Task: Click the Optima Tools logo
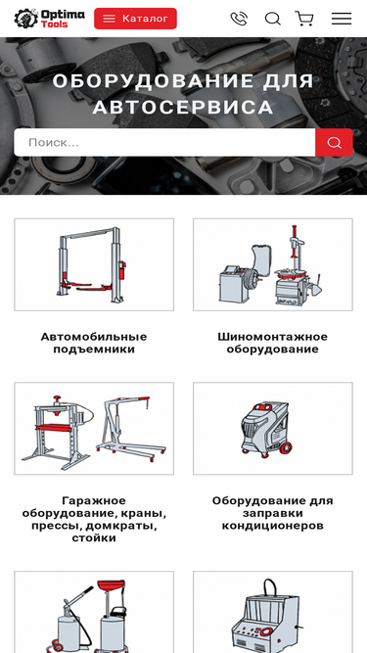click(x=49, y=19)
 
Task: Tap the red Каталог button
click(x=135, y=19)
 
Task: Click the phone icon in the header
click(x=239, y=19)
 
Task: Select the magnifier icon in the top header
click(x=272, y=19)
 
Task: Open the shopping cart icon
click(x=304, y=19)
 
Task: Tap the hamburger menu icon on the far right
click(x=342, y=19)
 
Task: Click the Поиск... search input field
click(x=164, y=142)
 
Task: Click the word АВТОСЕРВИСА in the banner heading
click(x=183, y=107)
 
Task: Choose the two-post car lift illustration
click(x=92, y=265)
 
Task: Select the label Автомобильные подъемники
click(x=94, y=343)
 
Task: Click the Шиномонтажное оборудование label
click(x=272, y=343)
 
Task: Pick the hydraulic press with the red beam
click(x=56, y=432)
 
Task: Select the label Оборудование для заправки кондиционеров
click(x=272, y=513)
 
